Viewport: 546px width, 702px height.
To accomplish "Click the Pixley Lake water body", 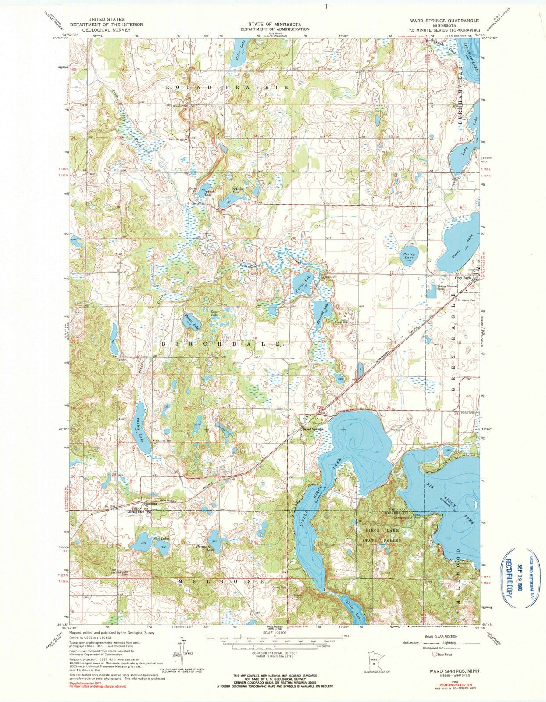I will tap(410, 257).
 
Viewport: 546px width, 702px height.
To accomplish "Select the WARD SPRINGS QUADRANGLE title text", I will tap(444, 21).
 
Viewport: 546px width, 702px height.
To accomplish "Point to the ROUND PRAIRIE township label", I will tap(227, 88).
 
